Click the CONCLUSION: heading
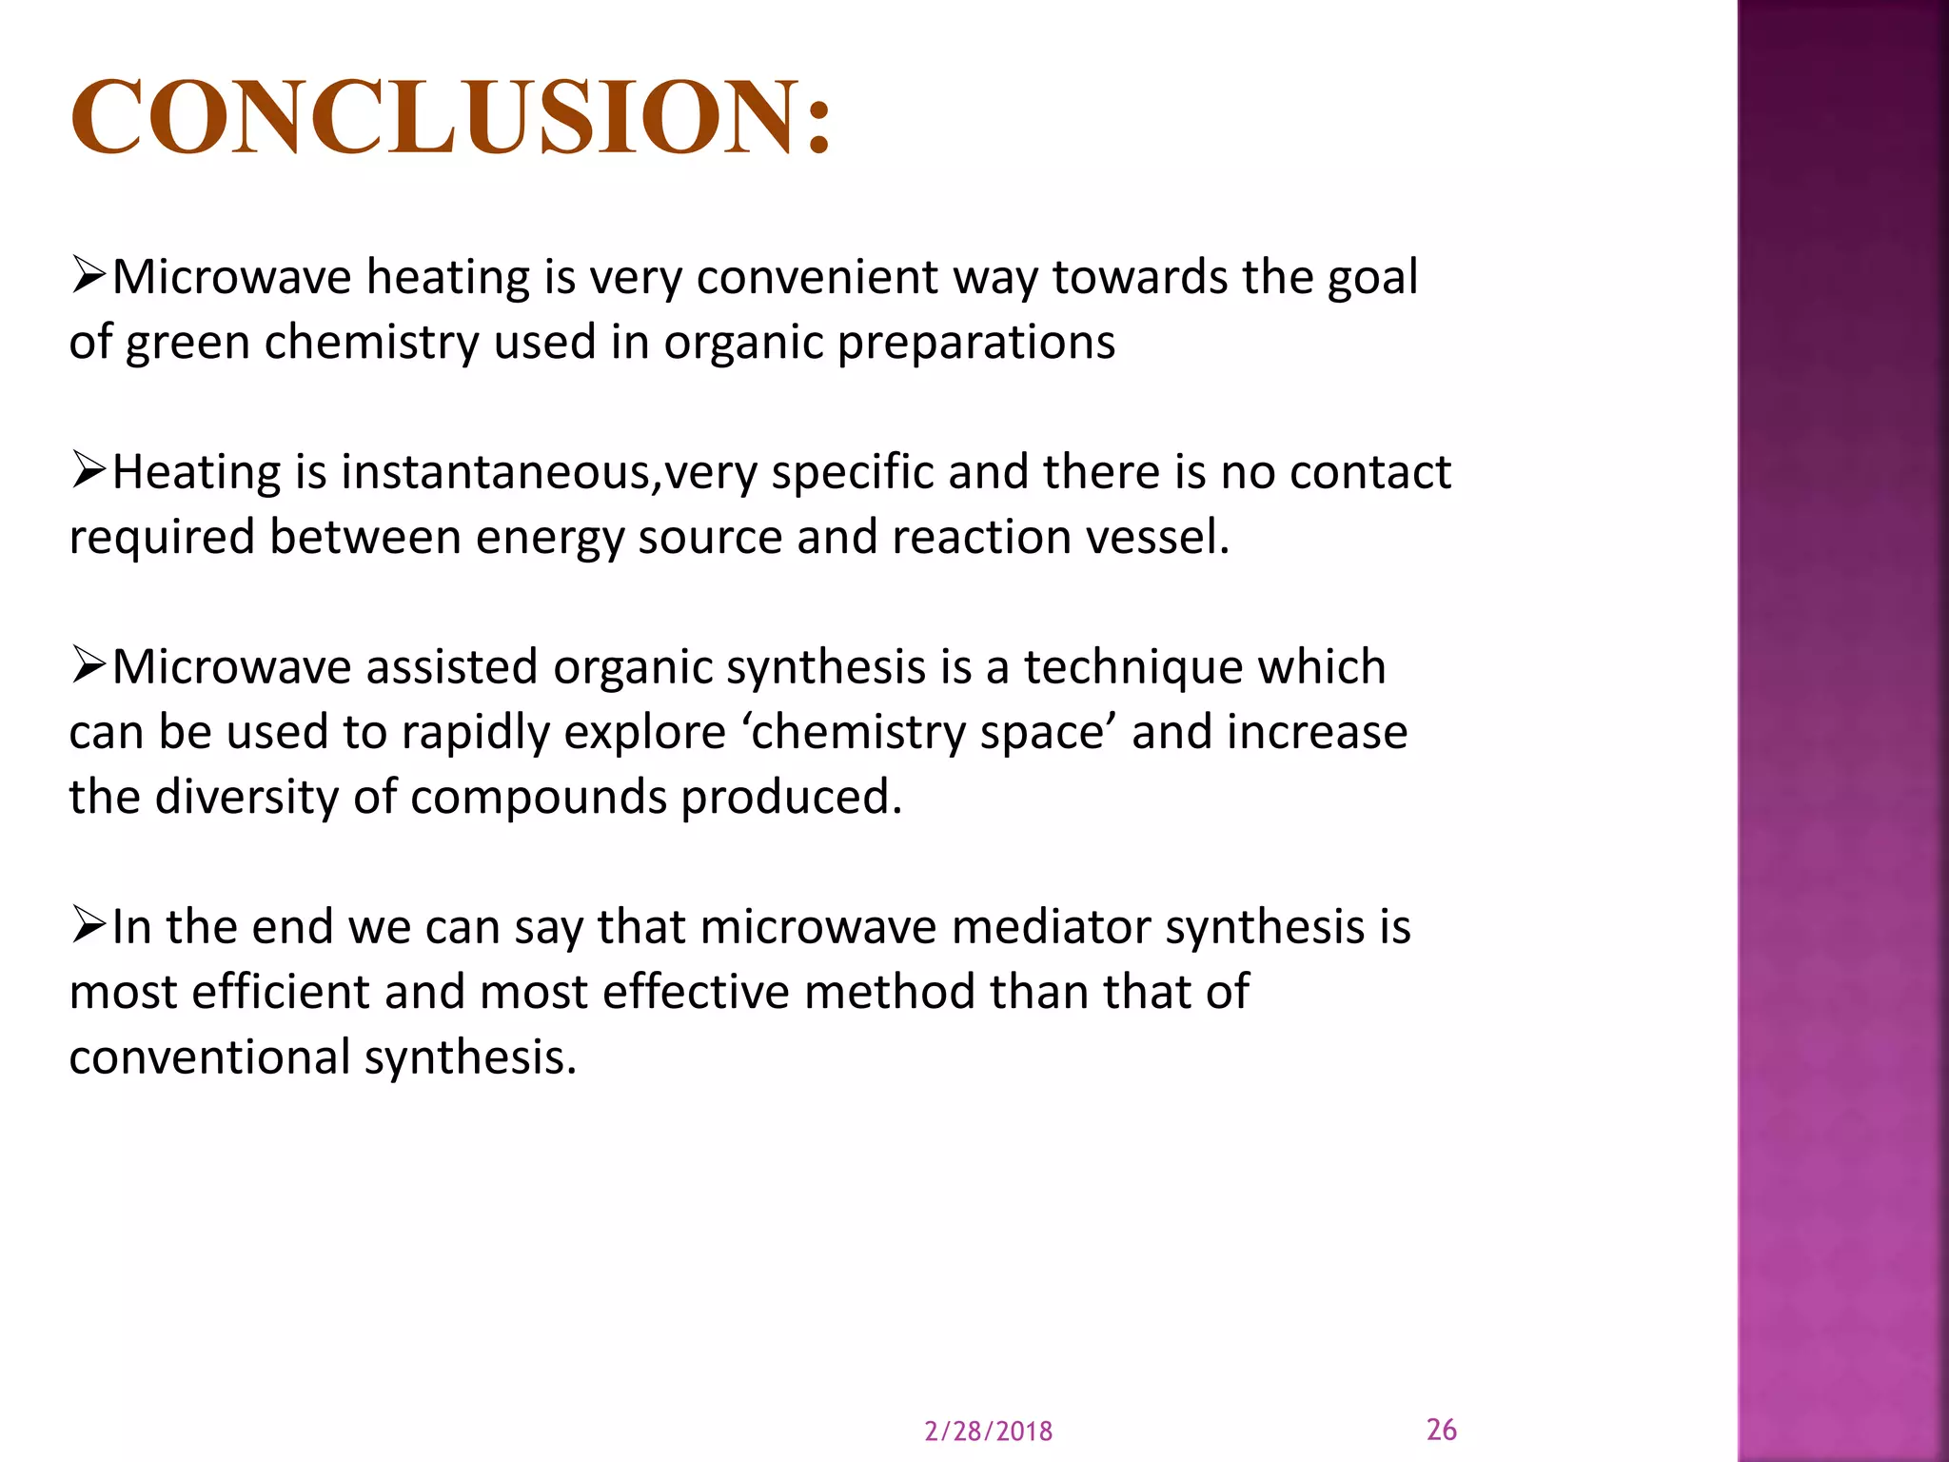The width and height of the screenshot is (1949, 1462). pyautogui.click(x=451, y=116)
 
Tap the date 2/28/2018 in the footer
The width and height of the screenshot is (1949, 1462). pyautogui.click(x=988, y=1432)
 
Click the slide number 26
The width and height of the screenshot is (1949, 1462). pyautogui.click(x=1441, y=1429)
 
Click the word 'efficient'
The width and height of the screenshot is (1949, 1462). pyautogui.click(x=280, y=992)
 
